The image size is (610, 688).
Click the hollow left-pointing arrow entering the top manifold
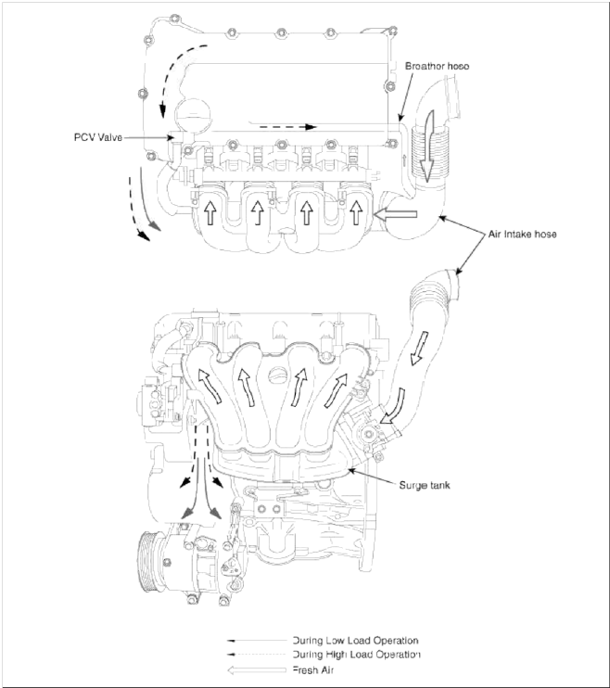tap(389, 215)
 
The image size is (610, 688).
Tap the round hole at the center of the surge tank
tap(278, 376)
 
